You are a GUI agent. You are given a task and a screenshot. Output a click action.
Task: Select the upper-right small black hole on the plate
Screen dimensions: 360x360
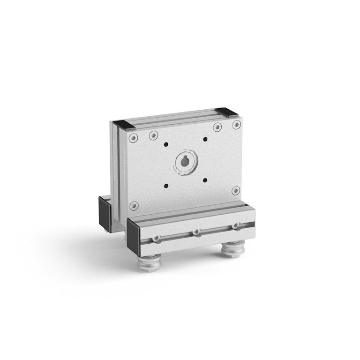coord(205,139)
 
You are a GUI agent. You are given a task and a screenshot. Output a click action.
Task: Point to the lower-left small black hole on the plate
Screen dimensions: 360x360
coord(166,186)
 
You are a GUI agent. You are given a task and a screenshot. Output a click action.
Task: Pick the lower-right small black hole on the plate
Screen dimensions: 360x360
coord(205,180)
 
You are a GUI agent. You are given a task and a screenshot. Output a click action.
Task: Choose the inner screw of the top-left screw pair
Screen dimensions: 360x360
coord(153,135)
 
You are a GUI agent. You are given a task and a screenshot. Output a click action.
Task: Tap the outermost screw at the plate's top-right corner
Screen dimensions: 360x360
coord(236,125)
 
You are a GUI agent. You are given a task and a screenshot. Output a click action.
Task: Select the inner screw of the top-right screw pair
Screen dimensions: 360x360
coord(217,127)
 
